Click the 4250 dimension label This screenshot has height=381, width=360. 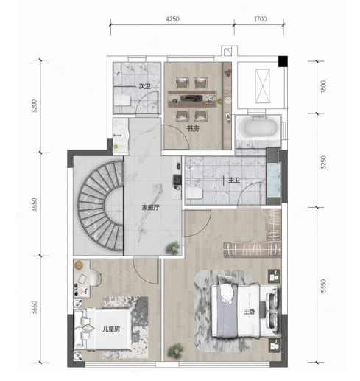click(x=172, y=19)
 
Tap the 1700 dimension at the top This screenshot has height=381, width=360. click(x=261, y=19)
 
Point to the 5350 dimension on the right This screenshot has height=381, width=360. click(x=323, y=285)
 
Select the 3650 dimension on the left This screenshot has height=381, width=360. click(x=35, y=307)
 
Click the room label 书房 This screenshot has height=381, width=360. click(x=193, y=129)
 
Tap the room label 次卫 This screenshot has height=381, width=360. click(x=144, y=86)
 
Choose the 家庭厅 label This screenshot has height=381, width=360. click(x=151, y=208)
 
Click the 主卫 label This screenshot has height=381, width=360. click(x=234, y=180)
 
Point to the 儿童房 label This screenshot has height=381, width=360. click(x=111, y=329)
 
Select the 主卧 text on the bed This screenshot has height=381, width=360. click(x=250, y=312)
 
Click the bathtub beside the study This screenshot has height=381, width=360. click(x=258, y=127)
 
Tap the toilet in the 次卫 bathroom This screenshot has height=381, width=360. click(x=122, y=100)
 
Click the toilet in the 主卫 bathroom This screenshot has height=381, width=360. click(x=194, y=193)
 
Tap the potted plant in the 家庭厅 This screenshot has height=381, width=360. click(x=174, y=247)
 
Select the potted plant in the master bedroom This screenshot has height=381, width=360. click(x=175, y=352)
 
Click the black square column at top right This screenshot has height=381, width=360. click(x=283, y=61)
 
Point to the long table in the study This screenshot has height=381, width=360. click(x=192, y=99)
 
